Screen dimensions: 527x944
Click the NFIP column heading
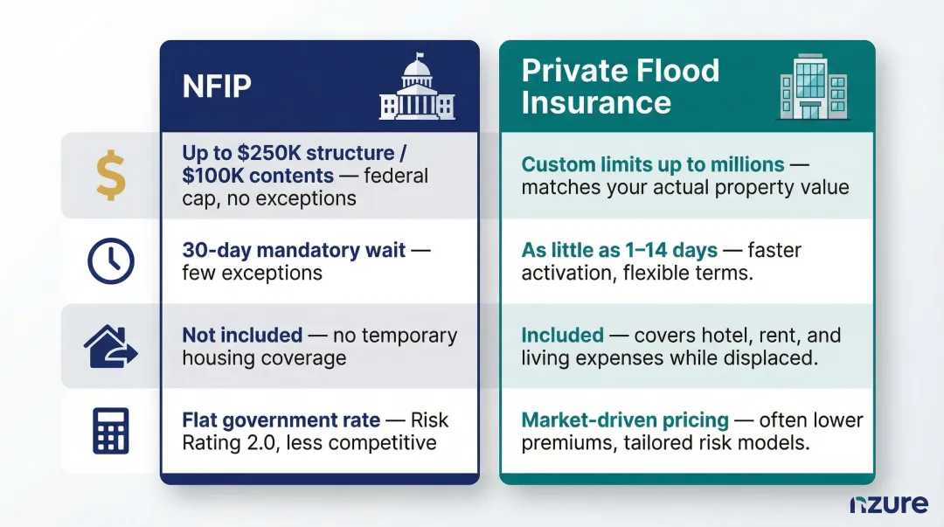click(217, 86)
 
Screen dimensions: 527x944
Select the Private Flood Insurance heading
click(620, 86)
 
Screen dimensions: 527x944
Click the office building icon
click(813, 86)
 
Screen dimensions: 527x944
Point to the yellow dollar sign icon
click(110, 175)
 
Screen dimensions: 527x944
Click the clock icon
click(111, 261)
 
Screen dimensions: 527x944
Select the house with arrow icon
click(111, 346)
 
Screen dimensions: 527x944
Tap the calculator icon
click(110, 432)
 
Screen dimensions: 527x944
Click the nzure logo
click(888, 504)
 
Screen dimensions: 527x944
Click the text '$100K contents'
click(258, 176)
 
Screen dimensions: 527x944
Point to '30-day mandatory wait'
click(294, 250)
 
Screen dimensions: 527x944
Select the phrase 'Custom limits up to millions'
click(652, 164)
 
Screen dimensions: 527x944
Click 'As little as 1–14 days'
click(619, 250)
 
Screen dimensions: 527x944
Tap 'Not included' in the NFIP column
click(242, 335)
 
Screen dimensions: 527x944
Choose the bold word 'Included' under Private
click(562, 335)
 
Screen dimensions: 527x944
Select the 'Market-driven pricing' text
click(625, 420)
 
